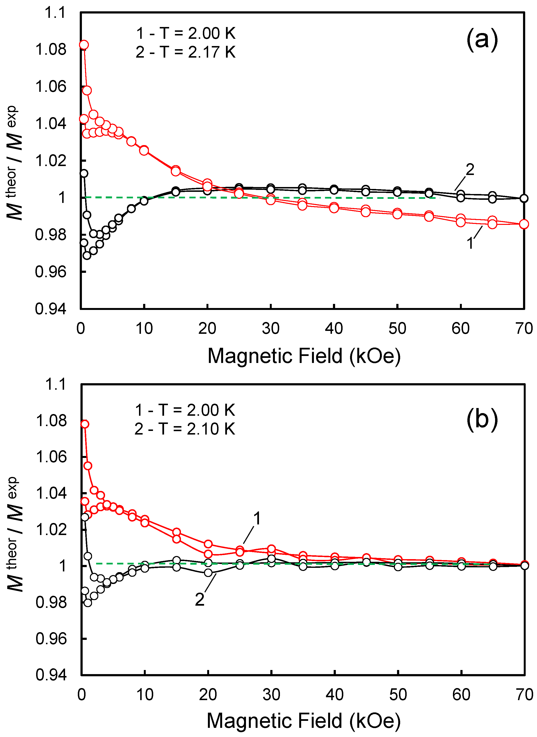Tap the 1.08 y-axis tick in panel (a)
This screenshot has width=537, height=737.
(x=51, y=49)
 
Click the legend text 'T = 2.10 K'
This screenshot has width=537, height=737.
(x=197, y=429)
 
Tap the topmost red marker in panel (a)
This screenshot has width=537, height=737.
(x=84, y=45)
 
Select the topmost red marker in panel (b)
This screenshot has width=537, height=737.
(x=85, y=424)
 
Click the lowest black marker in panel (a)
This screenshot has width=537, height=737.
(x=87, y=255)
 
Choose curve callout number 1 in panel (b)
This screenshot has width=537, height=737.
(x=257, y=518)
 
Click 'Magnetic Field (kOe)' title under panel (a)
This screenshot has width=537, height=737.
(x=304, y=356)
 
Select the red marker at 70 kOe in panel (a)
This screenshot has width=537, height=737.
(x=524, y=224)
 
